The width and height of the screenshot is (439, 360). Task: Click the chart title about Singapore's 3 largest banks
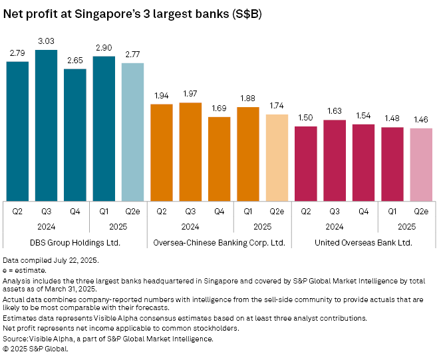133,13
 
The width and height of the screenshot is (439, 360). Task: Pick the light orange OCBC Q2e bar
277,157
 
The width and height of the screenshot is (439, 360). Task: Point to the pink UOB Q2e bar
421,164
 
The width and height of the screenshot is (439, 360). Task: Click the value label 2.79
17,52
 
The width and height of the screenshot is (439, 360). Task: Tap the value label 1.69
219,107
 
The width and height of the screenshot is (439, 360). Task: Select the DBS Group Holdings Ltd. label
75,242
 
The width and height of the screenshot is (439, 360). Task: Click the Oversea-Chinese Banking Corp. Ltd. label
219,242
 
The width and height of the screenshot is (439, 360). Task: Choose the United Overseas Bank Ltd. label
363,242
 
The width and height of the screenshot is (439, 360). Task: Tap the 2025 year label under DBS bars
118,226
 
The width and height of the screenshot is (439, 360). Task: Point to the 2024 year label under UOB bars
335,226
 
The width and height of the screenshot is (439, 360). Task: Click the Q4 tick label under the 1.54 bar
363,211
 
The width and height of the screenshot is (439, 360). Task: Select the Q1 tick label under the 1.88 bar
248,211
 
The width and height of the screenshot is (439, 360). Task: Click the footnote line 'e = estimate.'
25,270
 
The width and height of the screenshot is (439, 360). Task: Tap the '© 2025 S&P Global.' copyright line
37,348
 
